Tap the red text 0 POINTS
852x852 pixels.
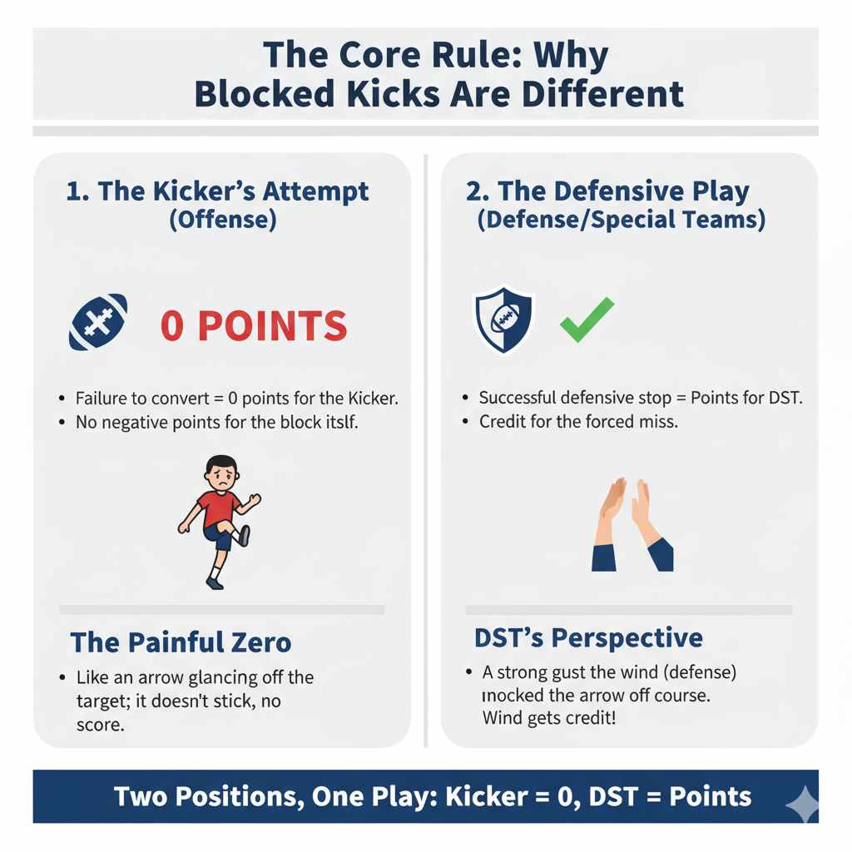pos(254,326)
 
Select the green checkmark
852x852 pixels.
pos(587,320)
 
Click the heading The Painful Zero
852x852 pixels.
pos(181,642)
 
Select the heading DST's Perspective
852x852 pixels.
pos(588,638)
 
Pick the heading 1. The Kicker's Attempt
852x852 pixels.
pos(218,191)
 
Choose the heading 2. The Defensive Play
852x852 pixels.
pos(607,191)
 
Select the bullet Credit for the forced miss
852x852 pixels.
pos(578,422)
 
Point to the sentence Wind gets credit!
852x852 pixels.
pos(549,717)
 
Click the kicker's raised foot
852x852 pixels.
pos(244,536)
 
